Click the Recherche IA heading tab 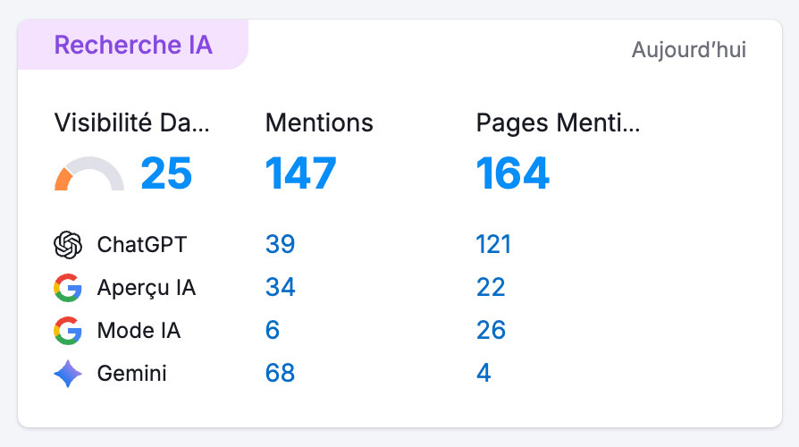(133, 45)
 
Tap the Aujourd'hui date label (688, 50)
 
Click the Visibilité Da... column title (132, 123)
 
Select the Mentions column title (319, 123)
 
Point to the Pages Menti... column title (558, 123)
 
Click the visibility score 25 (166, 173)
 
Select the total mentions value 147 (300, 173)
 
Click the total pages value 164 (512, 173)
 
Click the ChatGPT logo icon (68, 244)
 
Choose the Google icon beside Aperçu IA (68, 288)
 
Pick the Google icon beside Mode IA (68, 331)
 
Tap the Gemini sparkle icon (68, 374)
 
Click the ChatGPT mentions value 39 (280, 244)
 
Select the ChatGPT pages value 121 (493, 244)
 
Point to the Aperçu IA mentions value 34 (280, 288)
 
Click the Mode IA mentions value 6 (273, 331)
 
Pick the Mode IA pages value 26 (491, 331)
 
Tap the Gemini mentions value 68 (280, 374)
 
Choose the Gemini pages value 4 (484, 374)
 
